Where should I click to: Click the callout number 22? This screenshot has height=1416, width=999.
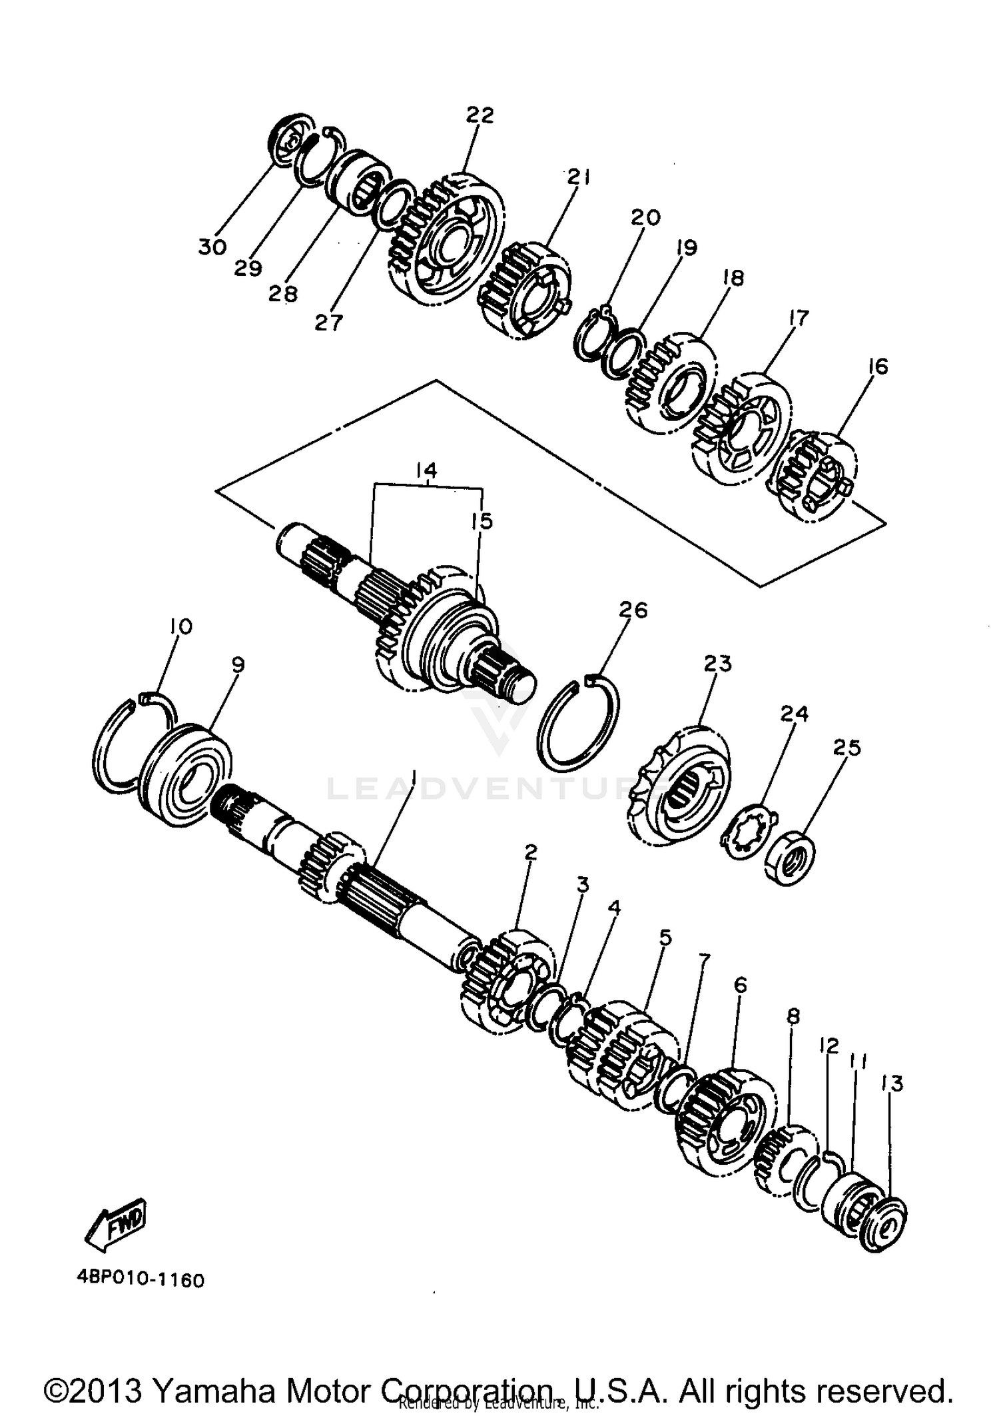click(x=480, y=115)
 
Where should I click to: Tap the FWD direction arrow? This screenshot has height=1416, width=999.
click(x=118, y=1225)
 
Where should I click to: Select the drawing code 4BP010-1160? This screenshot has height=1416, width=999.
click(x=139, y=1280)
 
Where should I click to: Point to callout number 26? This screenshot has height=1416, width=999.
click(x=632, y=610)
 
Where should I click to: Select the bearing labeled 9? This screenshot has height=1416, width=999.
click(x=186, y=776)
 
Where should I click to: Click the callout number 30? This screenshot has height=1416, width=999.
click(x=212, y=247)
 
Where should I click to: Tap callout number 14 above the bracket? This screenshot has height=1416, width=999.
click(x=426, y=470)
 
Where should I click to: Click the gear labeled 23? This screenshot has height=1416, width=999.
click(x=679, y=786)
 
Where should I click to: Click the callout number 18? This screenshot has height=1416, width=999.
click(x=733, y=278)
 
